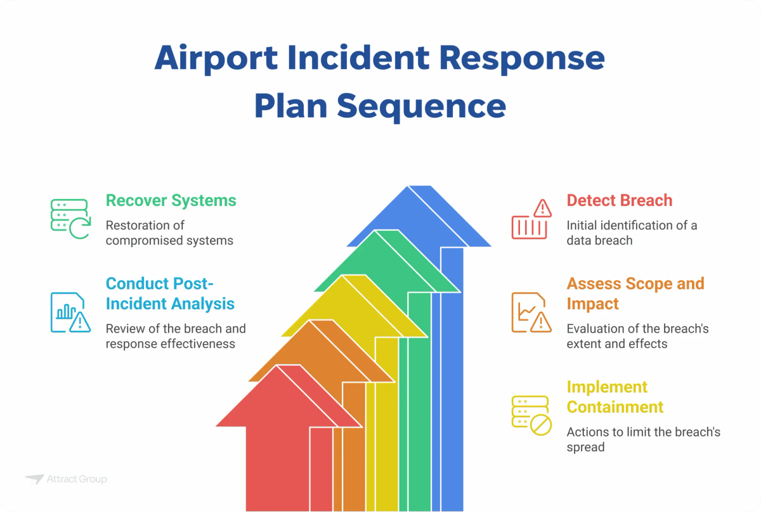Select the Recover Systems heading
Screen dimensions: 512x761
click(x=171, y=201)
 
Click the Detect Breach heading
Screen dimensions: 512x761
click(x=619, y=201)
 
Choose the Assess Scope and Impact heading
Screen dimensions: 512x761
click(x=635, y=293)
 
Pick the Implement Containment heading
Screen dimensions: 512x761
click(x=615, y=397)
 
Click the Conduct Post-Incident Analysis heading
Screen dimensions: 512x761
click(x=170, y=293)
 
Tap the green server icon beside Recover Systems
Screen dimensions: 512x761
click(x=69, y=219)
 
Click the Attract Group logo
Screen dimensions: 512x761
click(x=66, y=479)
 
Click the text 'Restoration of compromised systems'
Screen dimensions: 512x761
click(x=169, y=233)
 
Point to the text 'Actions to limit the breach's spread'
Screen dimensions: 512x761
click(x=643, y=440)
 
